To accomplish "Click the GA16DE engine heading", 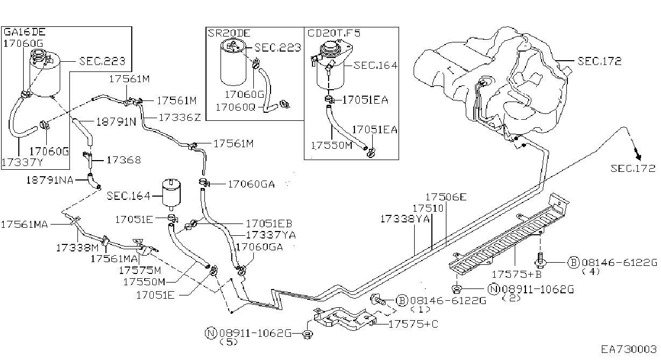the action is (x=25, y=32).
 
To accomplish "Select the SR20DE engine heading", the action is (x=229, y=33).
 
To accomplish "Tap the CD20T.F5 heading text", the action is (x=334, y=33).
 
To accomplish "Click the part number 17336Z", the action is (x=180, y=118).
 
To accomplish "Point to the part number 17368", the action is (x=124, y=160).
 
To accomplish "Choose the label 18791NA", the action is (x=49, y=180).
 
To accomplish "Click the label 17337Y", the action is (x=23, y=162).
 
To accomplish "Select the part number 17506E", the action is (x=446, y=197).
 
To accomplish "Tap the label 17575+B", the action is (x=517, y=275).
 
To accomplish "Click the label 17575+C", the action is (x=414, y=324).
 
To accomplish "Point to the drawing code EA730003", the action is (x=629, y=350).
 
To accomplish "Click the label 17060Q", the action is (x=236, y=107).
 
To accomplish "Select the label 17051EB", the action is (x=269, y=223).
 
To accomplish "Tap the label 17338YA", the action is (x=404, y=219).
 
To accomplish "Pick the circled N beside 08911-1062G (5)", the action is (x=211, y=333).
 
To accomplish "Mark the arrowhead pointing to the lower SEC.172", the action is (x=638, y=156).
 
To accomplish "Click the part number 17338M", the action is (x=77, y=248).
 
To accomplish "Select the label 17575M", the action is (x=140, y=270).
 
